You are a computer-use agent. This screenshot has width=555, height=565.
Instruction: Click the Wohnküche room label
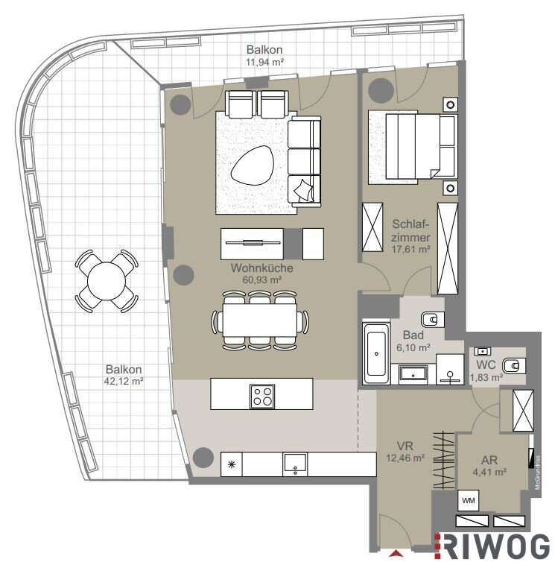(x=261, y=268)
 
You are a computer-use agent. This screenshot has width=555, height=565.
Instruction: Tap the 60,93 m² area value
(x=261, y=280)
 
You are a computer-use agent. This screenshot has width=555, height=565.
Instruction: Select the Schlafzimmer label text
(x=411, y=231)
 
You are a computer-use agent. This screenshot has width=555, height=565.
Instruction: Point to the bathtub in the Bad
(x=376, y=353)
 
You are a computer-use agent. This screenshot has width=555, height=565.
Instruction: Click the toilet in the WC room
(x=514, y=366)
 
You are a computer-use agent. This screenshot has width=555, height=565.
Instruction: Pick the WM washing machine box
(x=468, y=500)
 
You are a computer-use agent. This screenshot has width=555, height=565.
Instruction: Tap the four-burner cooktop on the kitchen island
(x=262, y=397)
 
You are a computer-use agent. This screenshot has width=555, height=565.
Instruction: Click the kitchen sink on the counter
(x=295, y=464)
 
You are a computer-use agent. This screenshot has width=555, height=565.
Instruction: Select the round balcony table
(x=107, y=281)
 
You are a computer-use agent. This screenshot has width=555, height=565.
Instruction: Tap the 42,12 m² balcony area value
(x=124, y=381)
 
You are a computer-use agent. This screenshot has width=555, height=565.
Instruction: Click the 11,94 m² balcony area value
(x=264, y=62)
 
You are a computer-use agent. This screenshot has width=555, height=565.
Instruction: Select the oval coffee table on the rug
(x=252, y=165)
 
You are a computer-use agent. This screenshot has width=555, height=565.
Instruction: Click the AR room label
(x=489, y=460)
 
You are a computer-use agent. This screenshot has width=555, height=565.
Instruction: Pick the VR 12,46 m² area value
(x=405, y=458)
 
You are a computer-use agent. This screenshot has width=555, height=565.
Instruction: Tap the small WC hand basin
(x=482, y=351)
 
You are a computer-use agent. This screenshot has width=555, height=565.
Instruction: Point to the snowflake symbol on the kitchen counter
(x=232, y=464)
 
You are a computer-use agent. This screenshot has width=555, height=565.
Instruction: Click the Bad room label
(x=413, y=335)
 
